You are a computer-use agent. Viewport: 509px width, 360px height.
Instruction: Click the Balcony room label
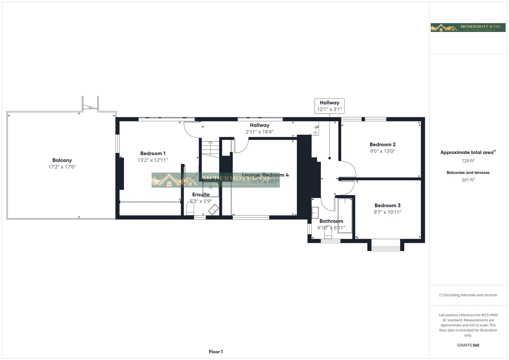[62, 160]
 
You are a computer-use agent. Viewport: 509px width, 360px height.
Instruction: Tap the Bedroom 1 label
[153, 153]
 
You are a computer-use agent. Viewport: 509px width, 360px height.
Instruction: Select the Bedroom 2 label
[382, 144]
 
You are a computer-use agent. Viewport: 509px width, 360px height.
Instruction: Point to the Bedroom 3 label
[387, 205]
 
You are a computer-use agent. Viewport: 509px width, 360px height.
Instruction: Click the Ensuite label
[201, 195]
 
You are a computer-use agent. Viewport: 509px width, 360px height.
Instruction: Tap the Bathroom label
[331, 221]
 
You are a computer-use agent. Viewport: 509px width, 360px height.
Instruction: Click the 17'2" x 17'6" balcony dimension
[62, 167]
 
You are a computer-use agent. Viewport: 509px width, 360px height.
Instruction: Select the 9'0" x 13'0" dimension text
[382, 151]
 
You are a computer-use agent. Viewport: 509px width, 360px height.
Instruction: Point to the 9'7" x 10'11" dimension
[387, 212]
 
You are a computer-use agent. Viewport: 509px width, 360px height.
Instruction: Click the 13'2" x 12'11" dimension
[153, 160]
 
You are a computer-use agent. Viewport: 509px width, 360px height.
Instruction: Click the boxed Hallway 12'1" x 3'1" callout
[329, 106]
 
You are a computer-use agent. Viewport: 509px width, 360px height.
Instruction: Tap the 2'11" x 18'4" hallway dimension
[259, 132]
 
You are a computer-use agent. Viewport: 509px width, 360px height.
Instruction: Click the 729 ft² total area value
[468, 161]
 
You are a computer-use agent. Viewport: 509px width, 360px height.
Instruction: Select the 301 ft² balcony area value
[468, 180]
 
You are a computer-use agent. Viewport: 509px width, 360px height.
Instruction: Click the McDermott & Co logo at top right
[468, 27]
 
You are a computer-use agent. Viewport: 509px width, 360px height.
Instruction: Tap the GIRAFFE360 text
[468, 345]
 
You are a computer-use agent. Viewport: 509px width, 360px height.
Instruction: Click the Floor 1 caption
[216, 352]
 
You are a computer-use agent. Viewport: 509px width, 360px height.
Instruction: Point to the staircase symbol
[210, 149]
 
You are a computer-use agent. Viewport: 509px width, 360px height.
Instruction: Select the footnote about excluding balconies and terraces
[468, 295]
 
